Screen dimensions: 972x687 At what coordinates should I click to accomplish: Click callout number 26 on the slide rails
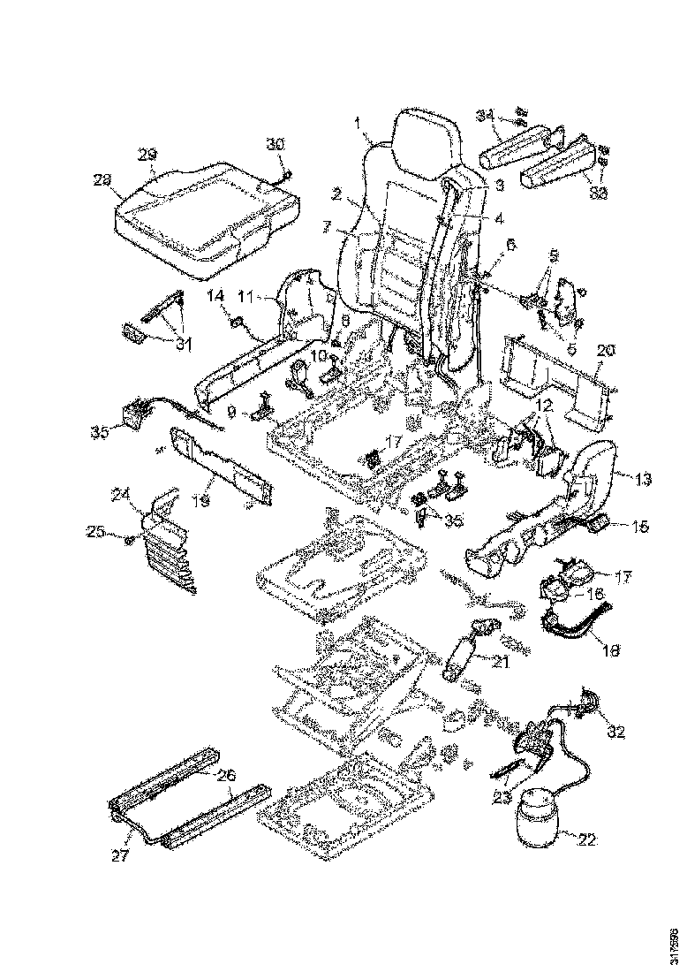point(226,776)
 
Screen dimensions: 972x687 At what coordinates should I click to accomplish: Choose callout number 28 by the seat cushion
point(102,179)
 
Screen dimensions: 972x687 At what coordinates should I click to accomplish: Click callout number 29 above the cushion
point(147,152)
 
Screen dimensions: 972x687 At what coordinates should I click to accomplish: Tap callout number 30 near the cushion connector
point(276,144)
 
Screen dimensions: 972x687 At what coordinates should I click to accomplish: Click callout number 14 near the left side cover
point(215,298)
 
